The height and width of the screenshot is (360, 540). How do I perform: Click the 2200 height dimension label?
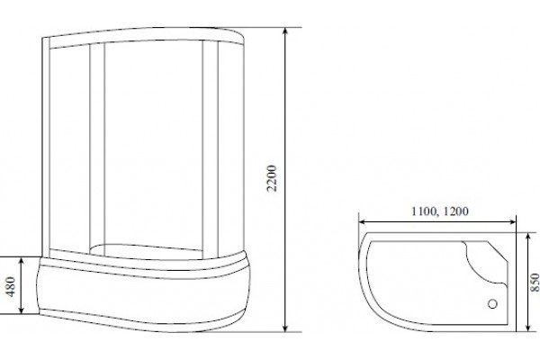272,178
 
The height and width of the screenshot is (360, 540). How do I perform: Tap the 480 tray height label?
10,286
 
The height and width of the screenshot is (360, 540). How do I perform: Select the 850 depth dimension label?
535,283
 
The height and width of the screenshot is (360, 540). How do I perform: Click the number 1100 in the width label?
424,211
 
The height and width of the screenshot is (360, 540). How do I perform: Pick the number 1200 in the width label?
455,211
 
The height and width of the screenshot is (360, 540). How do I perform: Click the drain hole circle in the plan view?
493,304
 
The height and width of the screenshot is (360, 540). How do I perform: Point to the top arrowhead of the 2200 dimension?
284,31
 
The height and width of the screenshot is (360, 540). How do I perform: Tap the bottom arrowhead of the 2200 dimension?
284,328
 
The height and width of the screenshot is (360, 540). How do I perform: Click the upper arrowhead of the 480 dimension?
22,261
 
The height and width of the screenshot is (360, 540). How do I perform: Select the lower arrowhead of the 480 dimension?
22,310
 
